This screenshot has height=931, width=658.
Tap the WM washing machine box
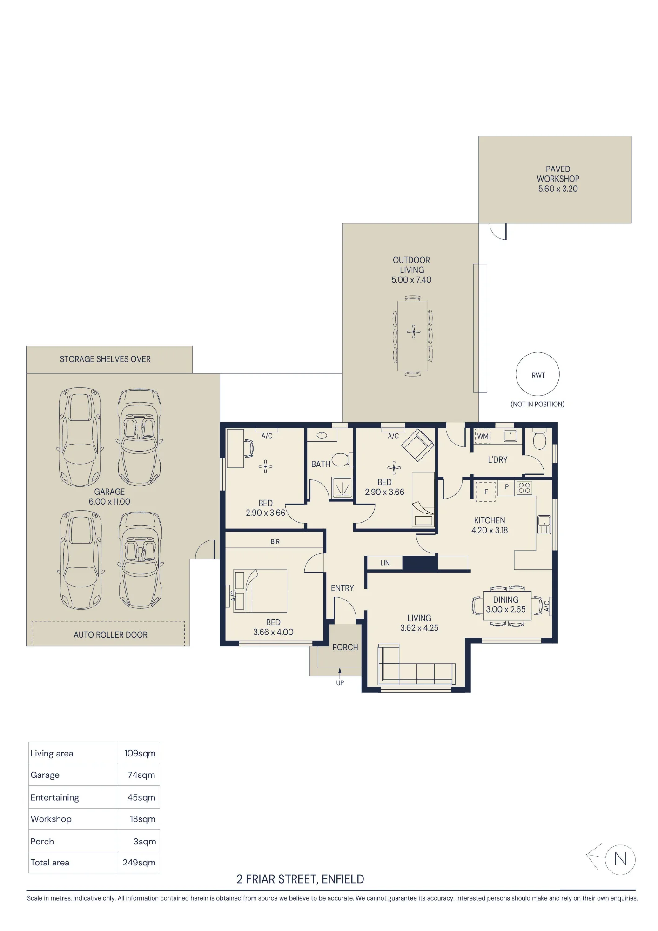coord(483,436)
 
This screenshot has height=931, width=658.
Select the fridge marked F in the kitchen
coord(485,491)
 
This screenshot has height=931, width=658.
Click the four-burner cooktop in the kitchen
coord(524,487)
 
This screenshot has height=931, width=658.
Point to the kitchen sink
coord(544,525)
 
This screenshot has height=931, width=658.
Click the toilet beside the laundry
coord(539,439)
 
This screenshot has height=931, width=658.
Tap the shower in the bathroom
coord(342,487)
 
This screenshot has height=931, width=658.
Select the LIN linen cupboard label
coord(385,563)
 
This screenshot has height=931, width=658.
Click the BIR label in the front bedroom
coord(275,541)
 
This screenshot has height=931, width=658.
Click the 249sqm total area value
coord(139,863)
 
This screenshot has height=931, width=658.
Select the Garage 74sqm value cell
coord(141,775)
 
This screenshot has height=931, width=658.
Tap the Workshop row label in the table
coord(51,819)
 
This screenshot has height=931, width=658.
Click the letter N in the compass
coord(620,859)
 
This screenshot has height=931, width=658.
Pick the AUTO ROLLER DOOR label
coord(110,635)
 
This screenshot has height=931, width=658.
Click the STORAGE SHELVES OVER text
coord(105,359)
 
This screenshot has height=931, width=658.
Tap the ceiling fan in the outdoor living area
coord(413,332)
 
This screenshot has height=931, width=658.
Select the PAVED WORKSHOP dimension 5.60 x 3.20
coord(558,189)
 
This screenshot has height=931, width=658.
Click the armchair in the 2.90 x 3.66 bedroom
coord(418,445)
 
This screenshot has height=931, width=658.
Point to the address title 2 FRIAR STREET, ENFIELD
coord(300,879)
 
